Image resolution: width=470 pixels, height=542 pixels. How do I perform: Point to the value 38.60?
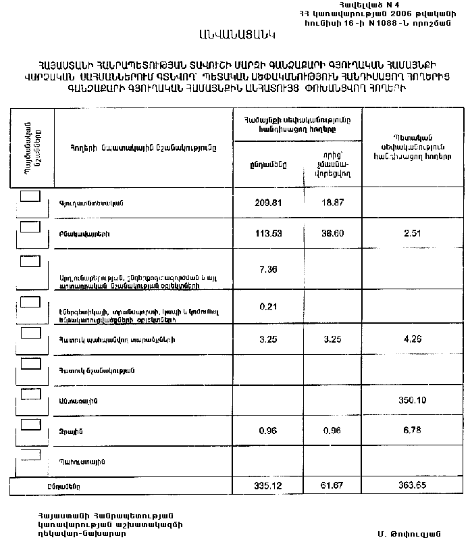[331, 234]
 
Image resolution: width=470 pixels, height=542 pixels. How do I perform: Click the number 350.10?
[412, 400]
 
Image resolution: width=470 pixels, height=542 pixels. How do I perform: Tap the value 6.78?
[411, 430]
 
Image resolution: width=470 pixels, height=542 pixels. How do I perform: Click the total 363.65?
[412, 486]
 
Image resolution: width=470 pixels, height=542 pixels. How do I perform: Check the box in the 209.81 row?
[30, 196]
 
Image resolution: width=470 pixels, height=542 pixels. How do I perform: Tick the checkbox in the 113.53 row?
[30, 228]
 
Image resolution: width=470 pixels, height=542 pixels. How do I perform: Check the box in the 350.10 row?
[30, 394]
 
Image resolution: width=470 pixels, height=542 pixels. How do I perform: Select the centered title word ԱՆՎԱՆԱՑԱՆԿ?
[237, 33]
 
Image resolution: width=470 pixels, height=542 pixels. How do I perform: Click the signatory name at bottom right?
[404, 534]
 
